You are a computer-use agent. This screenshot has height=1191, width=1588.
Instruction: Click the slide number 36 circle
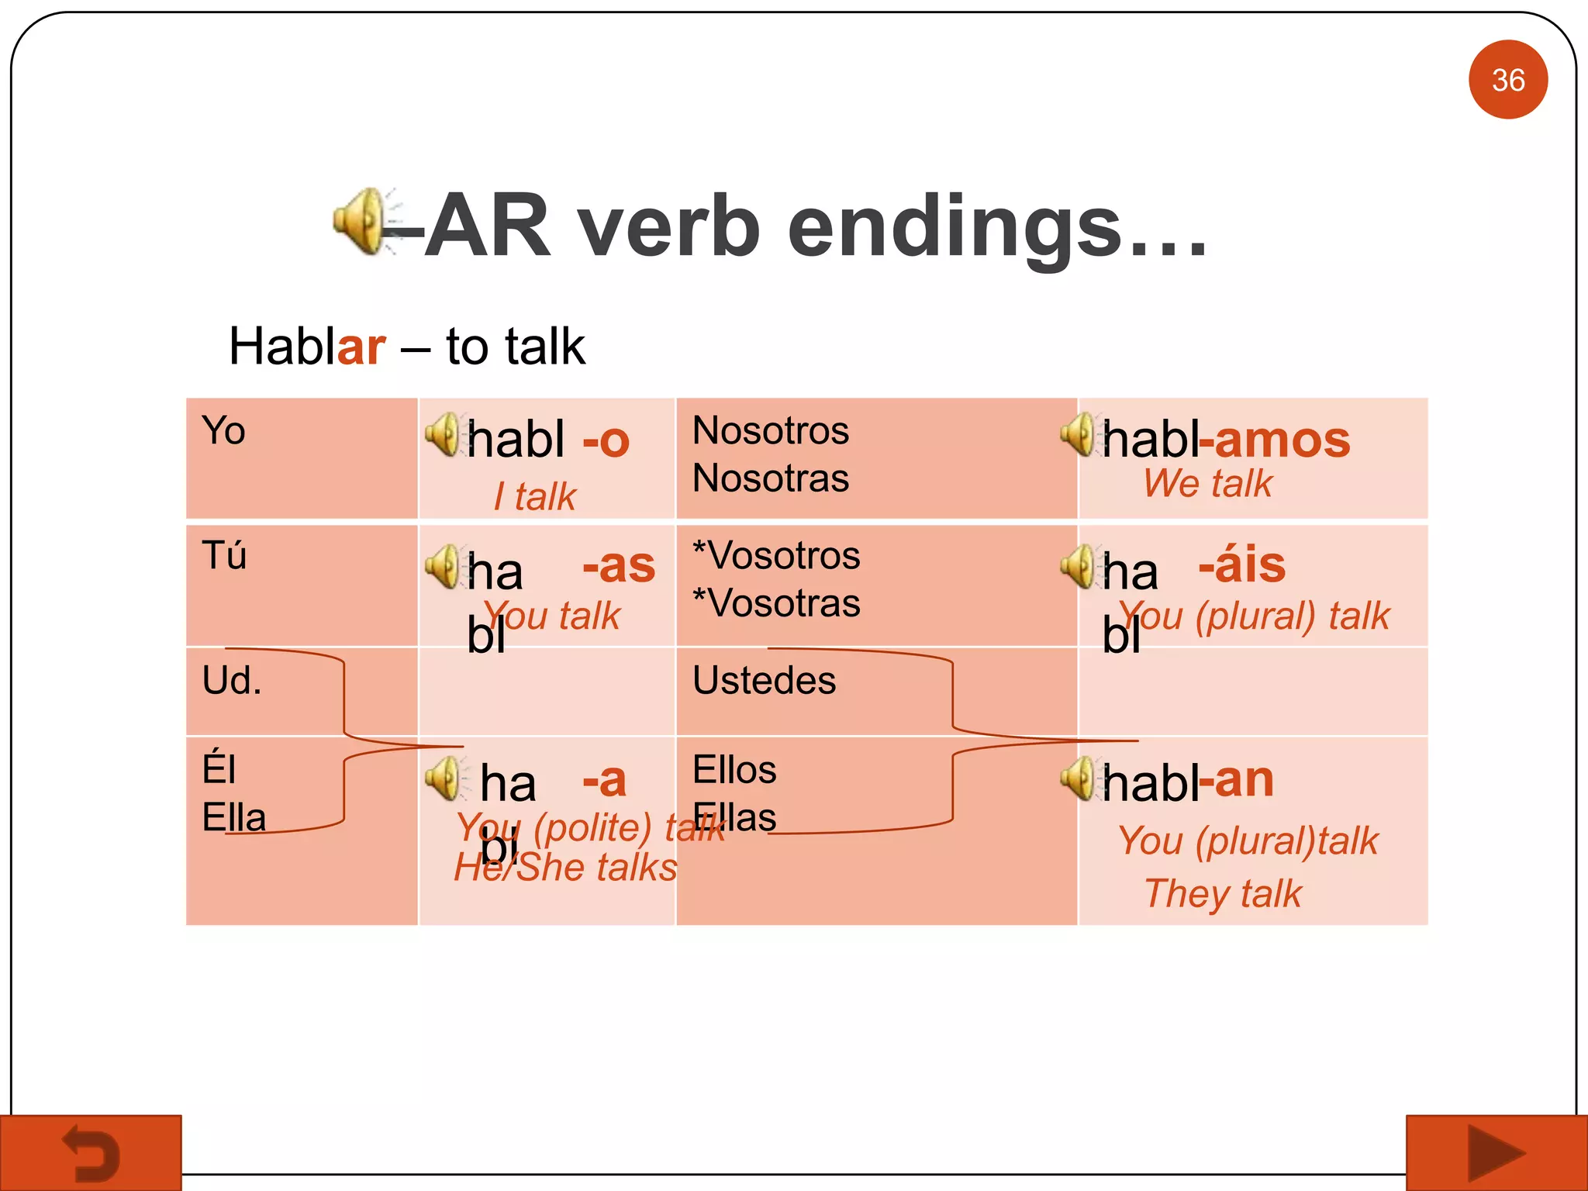click(x=1507, y=79)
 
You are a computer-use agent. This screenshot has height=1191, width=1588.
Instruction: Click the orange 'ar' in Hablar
click(x=361, y=347)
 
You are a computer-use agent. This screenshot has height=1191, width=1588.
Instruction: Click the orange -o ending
click(x=606, y=441)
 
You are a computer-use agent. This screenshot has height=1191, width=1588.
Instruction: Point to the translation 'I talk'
click(x=535, y=496)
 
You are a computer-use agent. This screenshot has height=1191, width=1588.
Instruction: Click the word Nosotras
click(x=770, y=478)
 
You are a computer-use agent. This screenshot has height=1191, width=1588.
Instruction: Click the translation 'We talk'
click(x=1207, y=484)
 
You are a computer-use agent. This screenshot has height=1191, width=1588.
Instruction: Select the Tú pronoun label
click(x=224, y=556)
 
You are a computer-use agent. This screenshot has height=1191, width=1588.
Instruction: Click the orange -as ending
click(x=619, y=565)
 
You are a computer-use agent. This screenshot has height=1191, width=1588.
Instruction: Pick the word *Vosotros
click(x=776, y=556)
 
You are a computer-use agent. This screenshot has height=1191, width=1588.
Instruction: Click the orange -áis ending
click(x=1242, y=565)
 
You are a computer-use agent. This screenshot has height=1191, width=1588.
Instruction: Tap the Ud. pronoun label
click(x=231, y=681)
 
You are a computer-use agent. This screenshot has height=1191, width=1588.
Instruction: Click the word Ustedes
click(x=764, y=681)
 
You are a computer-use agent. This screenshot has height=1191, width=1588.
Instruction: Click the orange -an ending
click(x=1237, y=780)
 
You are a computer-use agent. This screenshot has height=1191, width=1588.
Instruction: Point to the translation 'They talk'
click(x=1223, y=893)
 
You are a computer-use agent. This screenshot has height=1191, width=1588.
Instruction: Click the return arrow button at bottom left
click(x=91, y=1153)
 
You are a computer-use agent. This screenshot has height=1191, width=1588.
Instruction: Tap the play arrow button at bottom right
click(x=1496, y=1153)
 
